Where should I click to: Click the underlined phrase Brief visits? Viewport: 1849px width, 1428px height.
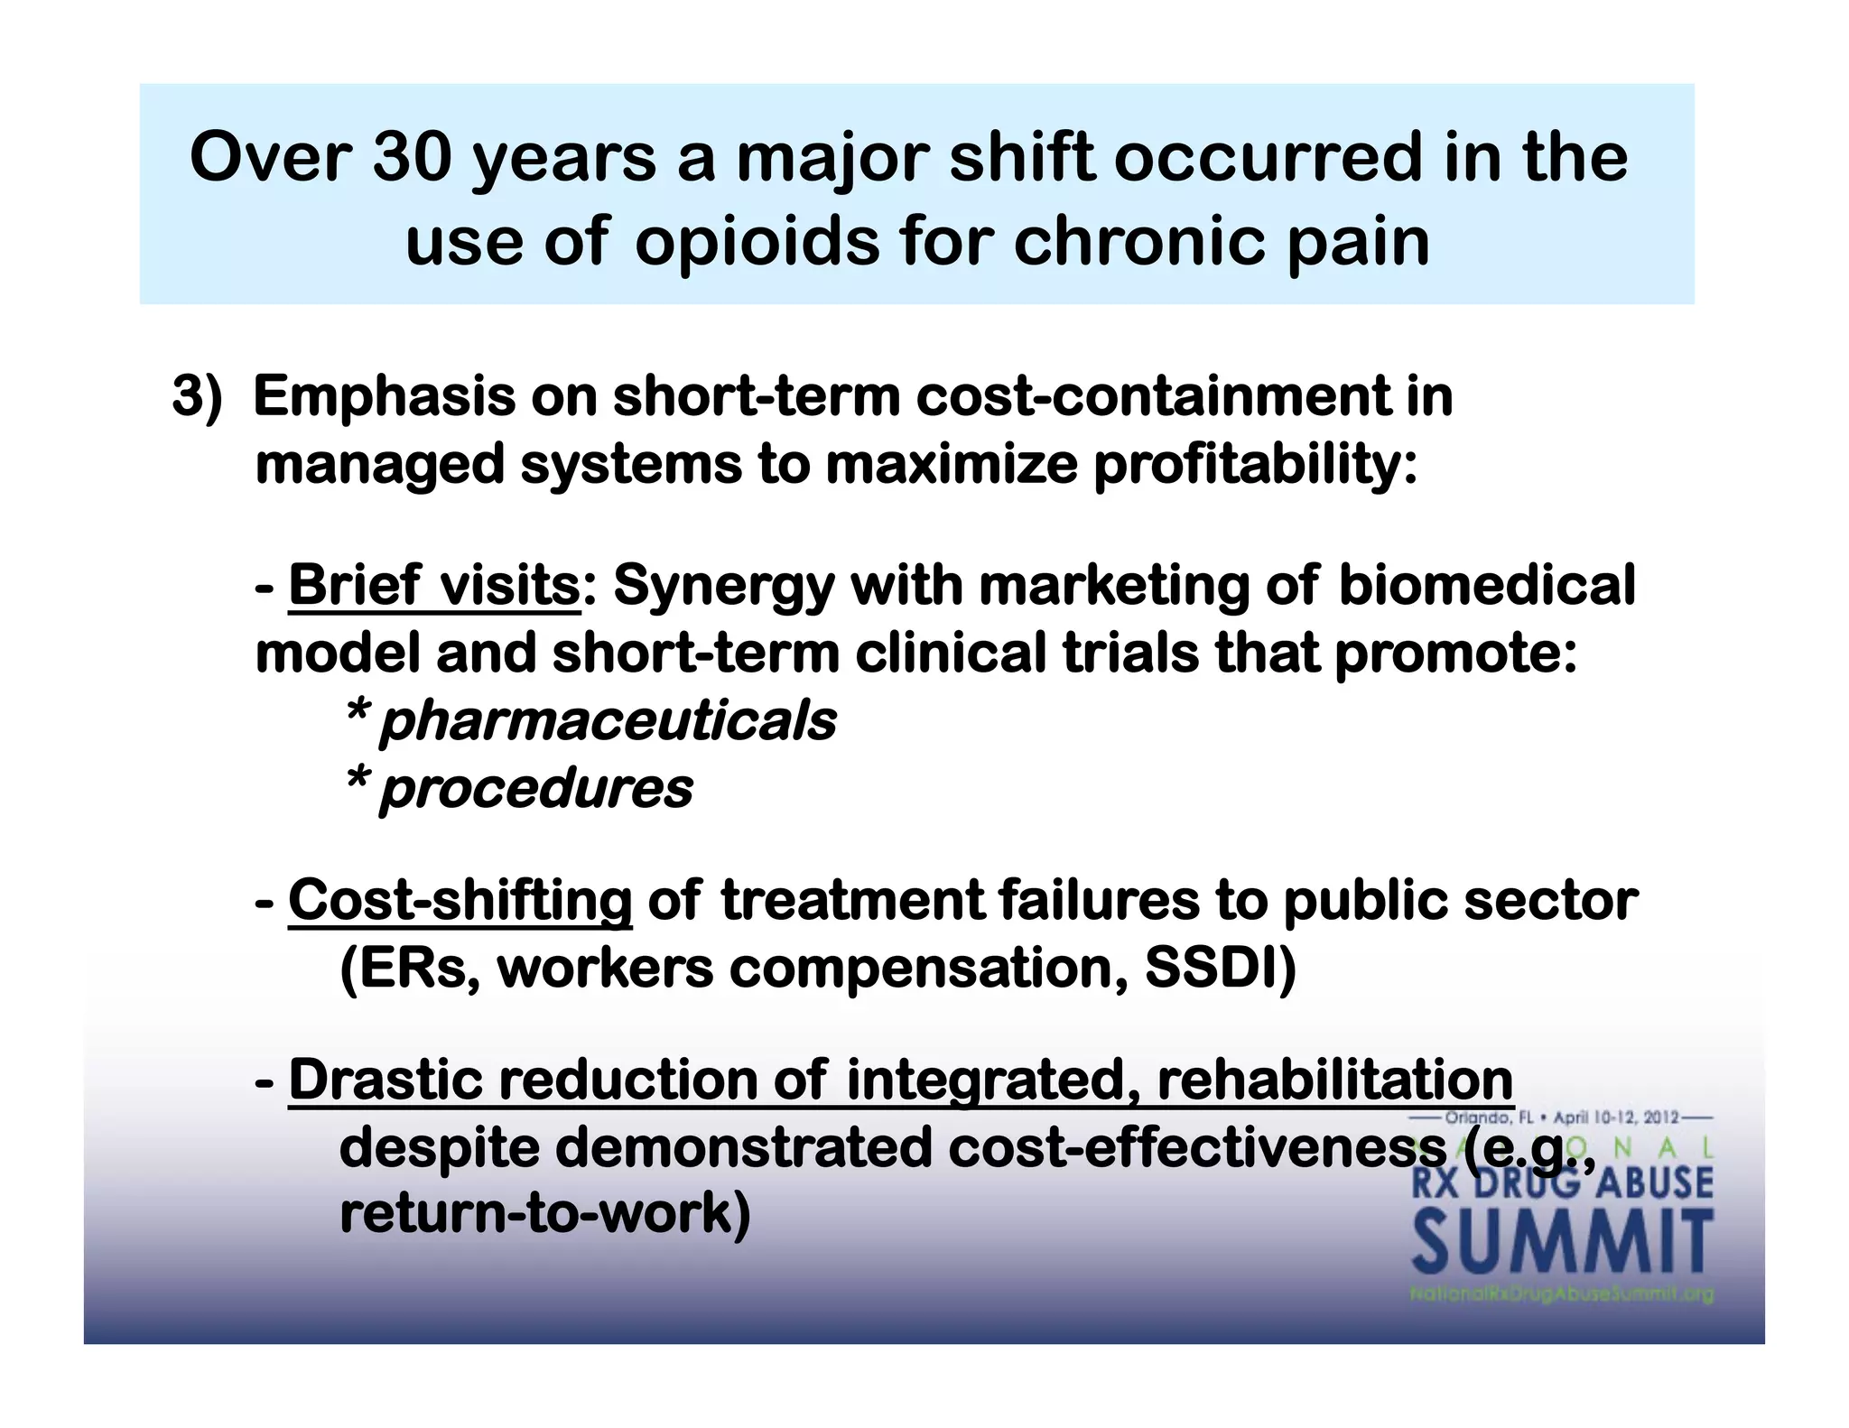[433, 585]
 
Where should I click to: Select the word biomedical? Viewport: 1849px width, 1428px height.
[1486, 585]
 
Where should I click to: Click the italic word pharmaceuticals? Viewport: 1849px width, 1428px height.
[607, 720]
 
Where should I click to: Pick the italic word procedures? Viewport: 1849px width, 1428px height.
[535, 788]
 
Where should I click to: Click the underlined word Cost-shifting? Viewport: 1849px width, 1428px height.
[460, 900]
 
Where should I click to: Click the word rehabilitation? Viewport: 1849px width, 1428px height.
[1334, 1080]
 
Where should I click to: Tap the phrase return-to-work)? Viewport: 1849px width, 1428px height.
[544, 1214]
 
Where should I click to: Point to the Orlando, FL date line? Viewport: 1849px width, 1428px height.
[1561, 1117]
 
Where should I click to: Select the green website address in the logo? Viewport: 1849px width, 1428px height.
[1561, 1294]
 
